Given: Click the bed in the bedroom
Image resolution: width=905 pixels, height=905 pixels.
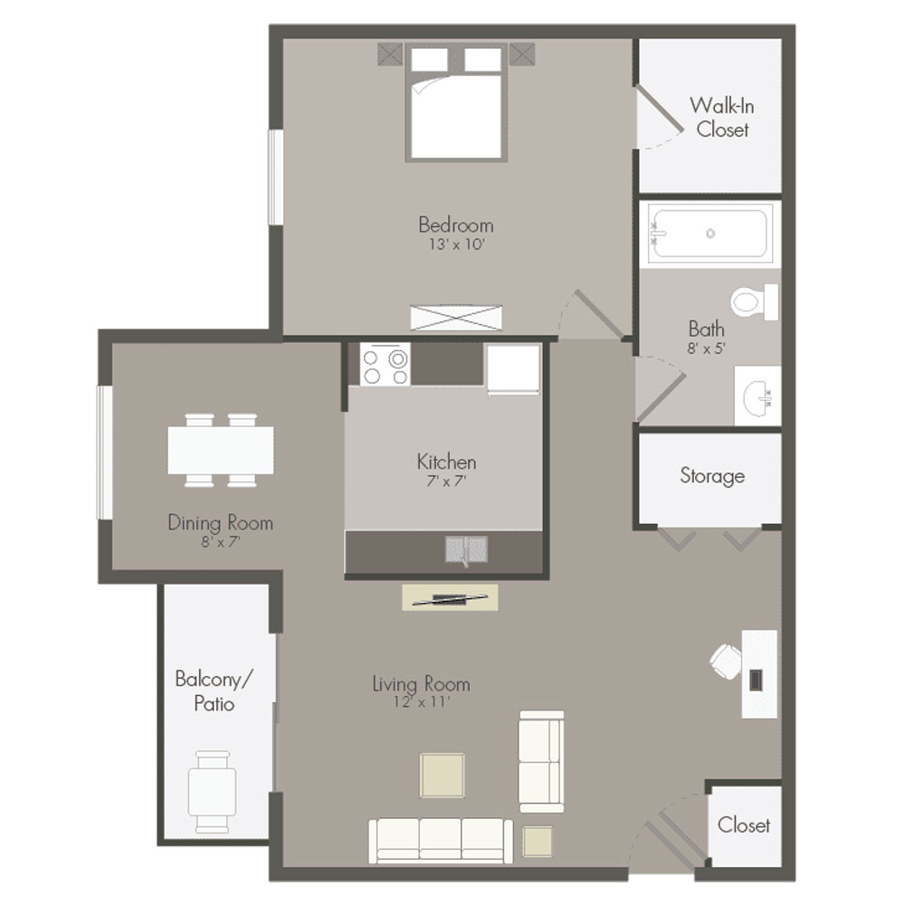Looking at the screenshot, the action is pos(456,102).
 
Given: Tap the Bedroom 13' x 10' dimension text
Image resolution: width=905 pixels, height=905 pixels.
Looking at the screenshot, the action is pos(456,244).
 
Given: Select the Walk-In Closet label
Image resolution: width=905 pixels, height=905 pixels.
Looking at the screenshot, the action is pos(722,117).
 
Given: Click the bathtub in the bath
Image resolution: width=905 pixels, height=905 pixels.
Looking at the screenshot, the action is pos(710,233).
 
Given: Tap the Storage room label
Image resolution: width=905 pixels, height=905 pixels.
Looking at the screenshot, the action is pos(712,476).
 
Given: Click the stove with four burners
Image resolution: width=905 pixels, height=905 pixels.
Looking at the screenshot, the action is pos(385,364).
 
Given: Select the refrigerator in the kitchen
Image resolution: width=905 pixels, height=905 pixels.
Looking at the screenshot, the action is pos(513,369).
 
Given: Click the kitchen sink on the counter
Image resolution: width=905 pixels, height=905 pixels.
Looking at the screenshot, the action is pos(466,549).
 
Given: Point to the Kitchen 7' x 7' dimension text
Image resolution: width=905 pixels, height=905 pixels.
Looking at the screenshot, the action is pos(446,481).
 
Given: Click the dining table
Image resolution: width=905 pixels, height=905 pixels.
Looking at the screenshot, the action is pos(221,450).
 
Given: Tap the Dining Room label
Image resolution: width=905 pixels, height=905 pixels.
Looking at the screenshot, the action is pos(221,523).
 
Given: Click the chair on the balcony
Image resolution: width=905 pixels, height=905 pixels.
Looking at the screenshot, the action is pos(213,791).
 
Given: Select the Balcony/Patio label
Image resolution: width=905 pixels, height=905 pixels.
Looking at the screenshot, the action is pos(214,691).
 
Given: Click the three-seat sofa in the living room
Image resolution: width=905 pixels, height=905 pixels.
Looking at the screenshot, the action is pos(441,841).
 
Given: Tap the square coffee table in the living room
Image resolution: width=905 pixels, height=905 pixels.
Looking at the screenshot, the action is pos(443,776).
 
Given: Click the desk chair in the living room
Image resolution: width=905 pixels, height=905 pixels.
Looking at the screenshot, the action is pos(726,661).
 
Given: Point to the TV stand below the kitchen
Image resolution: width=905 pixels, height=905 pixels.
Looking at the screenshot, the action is pos(450,598).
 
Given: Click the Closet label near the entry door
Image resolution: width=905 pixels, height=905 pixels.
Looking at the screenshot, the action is pos(743,825).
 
